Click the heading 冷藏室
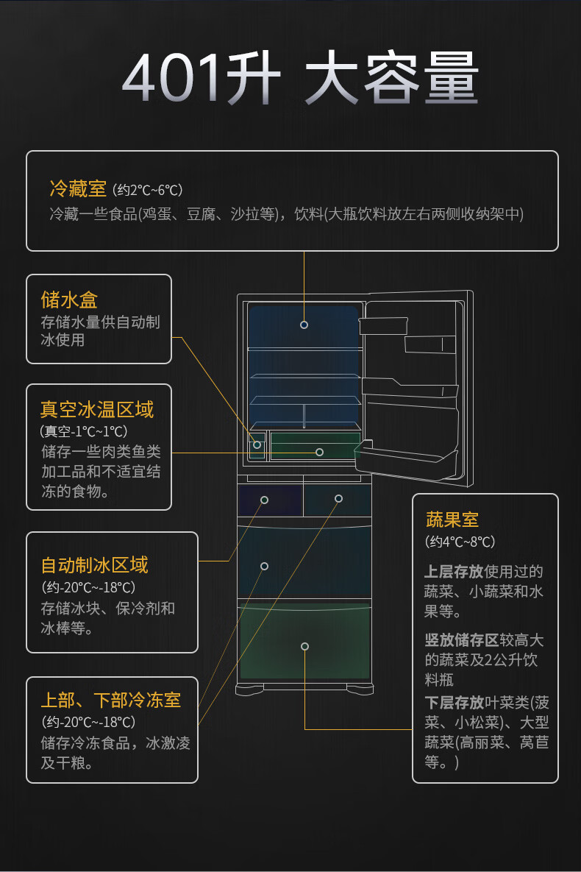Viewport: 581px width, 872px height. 78,189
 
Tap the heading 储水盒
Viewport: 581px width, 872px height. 69,299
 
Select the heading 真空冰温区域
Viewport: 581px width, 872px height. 97,409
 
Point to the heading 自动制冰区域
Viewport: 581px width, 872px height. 94,564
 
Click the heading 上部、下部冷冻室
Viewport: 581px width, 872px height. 110,700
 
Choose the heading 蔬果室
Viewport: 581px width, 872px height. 452,520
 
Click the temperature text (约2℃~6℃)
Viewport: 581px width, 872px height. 148,191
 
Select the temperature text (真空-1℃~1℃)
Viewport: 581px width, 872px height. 83,431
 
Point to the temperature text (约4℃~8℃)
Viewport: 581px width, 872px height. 460,542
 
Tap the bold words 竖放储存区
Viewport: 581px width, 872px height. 461,640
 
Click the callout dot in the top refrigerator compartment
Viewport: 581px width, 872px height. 304,325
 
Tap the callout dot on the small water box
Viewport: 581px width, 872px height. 257,444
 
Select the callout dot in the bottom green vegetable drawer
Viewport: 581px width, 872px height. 304,646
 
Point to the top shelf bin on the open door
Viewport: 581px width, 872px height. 383,325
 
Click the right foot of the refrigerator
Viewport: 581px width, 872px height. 360,690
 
